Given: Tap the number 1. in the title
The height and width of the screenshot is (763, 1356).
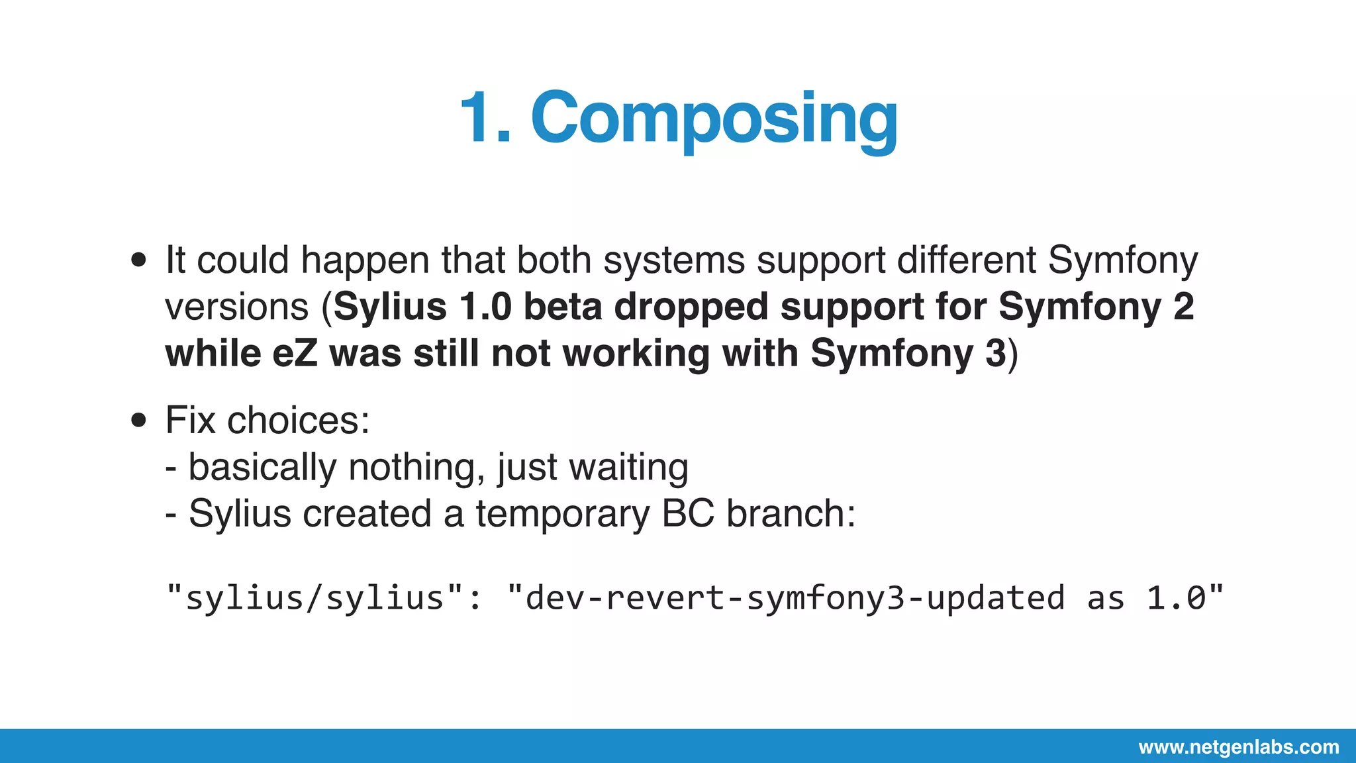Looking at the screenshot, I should (x=485, y=119).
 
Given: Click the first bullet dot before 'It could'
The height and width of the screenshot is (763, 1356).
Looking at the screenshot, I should (x=138, y=260).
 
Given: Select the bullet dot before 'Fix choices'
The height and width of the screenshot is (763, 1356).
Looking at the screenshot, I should (x=138, y=420).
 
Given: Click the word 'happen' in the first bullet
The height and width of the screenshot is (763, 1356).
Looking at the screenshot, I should (x=365, y=261).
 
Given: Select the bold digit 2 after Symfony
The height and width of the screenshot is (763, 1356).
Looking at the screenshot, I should (x=1183, y=307).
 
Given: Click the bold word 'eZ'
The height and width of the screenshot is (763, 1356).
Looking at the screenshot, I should (x=295, y=353).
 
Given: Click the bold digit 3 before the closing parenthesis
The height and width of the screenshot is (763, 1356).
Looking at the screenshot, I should (x=995, y=353).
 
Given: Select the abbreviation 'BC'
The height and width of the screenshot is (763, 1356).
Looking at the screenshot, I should (x=687, y=513).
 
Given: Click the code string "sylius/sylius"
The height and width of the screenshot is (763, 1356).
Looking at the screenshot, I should (x=315, y=598).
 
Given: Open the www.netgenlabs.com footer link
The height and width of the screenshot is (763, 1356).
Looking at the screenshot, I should (x=1238, y=747).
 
